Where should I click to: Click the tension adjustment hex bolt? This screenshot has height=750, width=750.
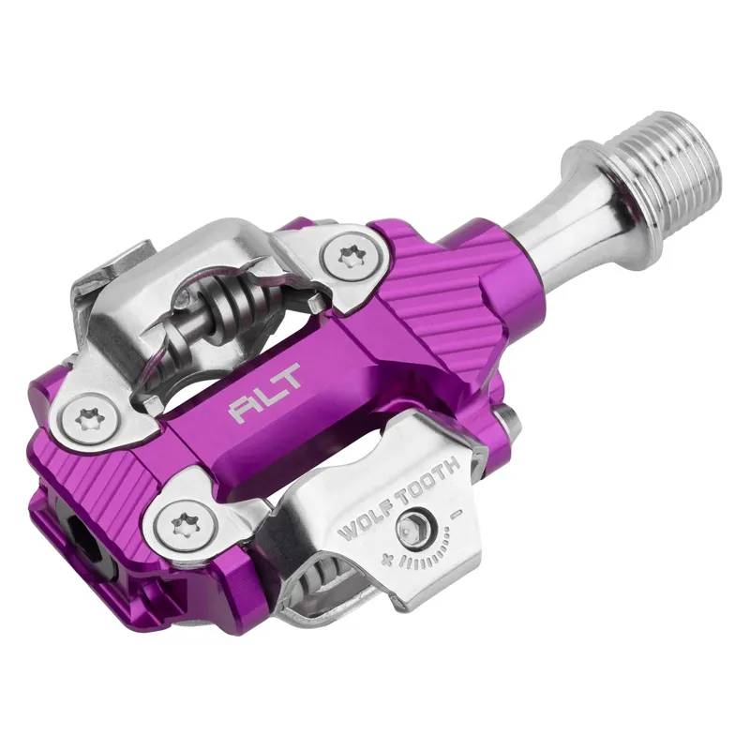click(412, 530)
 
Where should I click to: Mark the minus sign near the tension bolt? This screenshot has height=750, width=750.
click(457, 514)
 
